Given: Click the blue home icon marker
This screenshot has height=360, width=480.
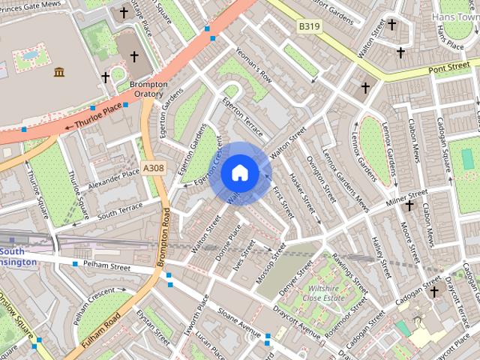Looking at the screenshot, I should [240, 173].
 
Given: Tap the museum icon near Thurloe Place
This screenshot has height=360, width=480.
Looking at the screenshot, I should [58, 72].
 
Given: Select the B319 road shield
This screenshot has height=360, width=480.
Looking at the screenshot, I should [308, 26].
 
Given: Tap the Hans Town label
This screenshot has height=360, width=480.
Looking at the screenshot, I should [455, 16].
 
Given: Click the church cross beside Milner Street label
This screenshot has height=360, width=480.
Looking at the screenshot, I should [409, 205].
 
